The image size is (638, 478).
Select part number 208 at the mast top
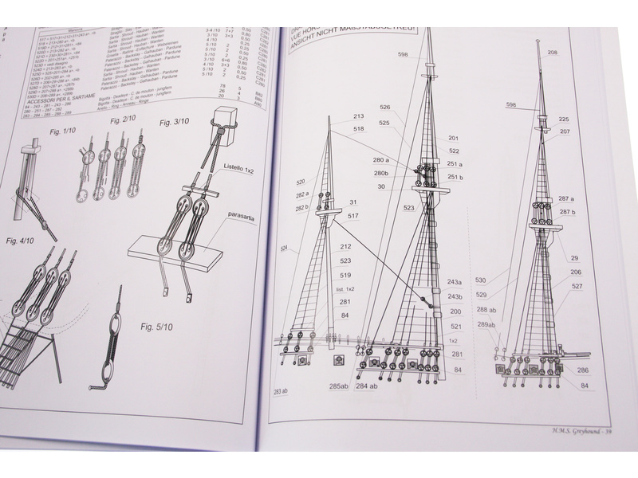click(553, 53)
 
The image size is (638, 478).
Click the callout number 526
click(385, 108)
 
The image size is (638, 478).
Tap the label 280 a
click(381, 160)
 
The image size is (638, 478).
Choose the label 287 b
click(567, 212)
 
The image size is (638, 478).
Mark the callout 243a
click(455, 282)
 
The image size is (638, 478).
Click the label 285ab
click(337, 387)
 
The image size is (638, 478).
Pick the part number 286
click(584, 370)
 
